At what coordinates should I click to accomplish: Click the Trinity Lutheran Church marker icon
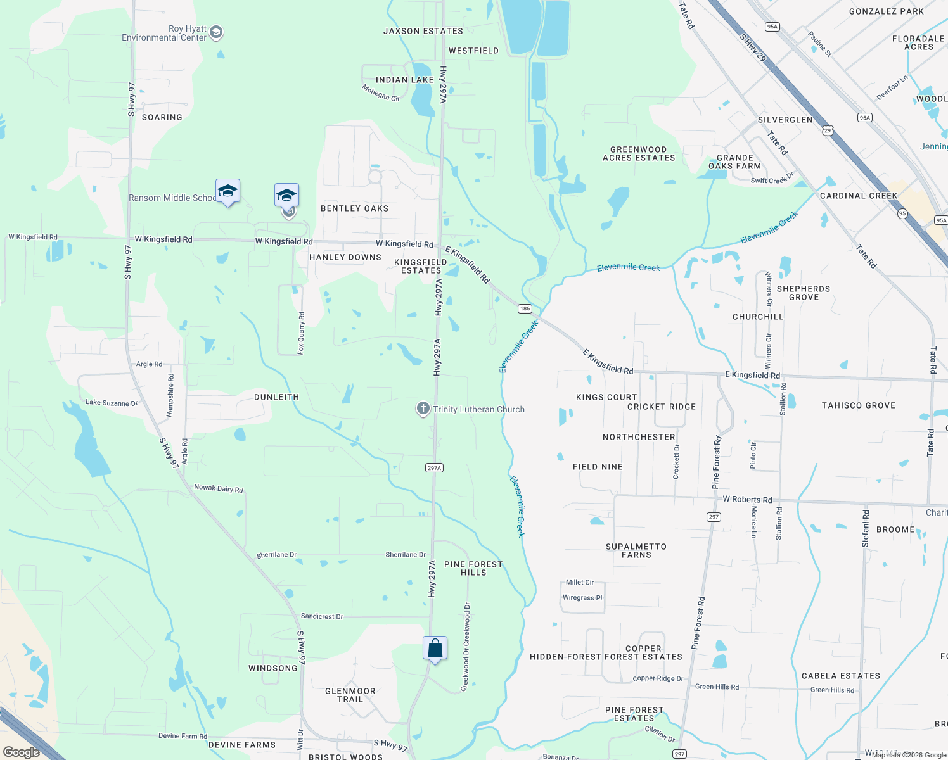(423, 408)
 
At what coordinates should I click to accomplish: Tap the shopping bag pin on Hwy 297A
(435, 649)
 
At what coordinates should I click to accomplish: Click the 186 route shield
(525, 308)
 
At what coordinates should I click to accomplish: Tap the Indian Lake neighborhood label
(404, 80)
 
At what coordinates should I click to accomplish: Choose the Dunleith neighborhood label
(276, 397)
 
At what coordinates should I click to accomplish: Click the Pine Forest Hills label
(473, 568)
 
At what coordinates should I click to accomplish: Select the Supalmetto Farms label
(636, 550)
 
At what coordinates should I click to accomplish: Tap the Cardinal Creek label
(859, 196)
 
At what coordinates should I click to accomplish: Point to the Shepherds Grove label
(804, 293)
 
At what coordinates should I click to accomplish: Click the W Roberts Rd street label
(747, 499)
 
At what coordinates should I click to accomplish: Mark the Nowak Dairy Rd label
(219, 488)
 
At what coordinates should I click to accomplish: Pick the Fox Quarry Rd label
(302, 332)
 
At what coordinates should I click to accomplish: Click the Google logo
(22, 752)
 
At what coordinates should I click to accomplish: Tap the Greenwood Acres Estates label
(639, 154)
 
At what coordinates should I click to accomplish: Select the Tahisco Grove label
(859, 405)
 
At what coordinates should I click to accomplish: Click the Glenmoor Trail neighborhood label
(350, 695)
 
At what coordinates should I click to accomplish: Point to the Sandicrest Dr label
(322, 616)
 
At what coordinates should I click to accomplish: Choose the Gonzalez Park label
(887, 11)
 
